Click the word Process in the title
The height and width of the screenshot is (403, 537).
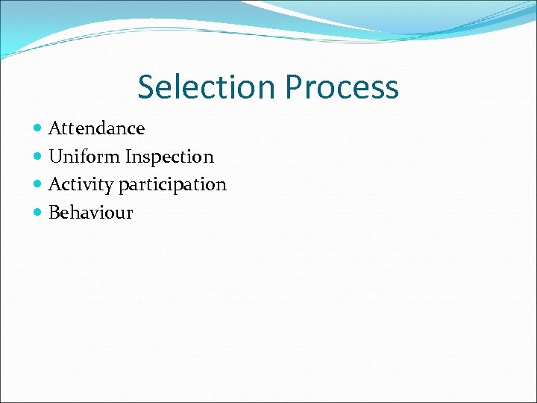click(342, 87)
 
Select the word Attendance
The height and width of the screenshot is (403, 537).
click(96, 128)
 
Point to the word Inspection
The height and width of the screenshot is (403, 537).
click(169, 157)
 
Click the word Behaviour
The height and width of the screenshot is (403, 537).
click(90, 213)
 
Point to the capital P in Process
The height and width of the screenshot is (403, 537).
click(293, 87)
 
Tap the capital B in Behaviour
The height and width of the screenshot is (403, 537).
click(54, 213)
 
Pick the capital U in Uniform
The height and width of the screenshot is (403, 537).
click(55, 157)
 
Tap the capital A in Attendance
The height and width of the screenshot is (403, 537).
click(54, 128)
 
